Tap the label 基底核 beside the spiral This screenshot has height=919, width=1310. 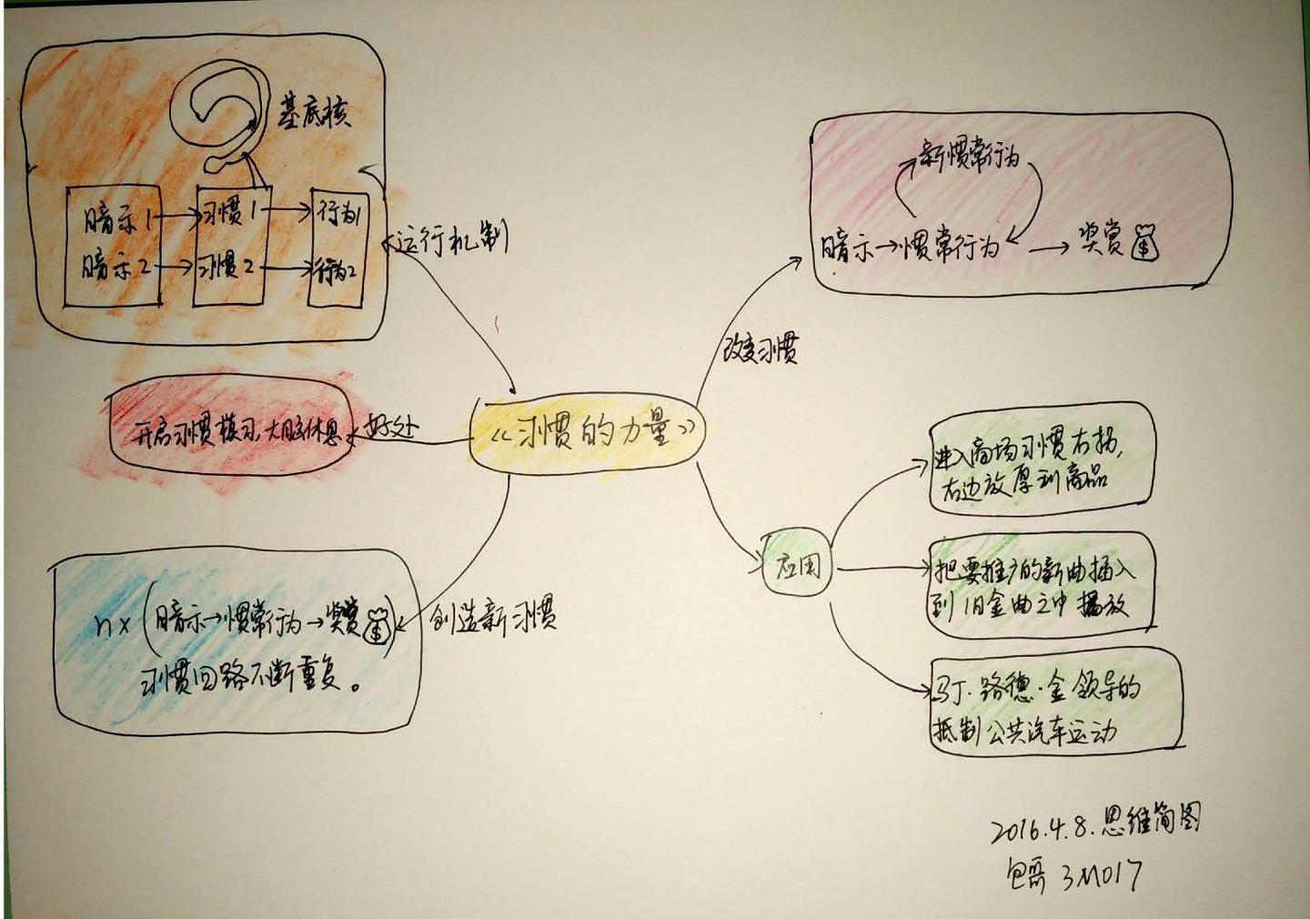point(314,113)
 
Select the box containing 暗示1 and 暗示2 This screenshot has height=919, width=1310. point(113,244)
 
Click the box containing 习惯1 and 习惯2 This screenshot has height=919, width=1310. point(229,244)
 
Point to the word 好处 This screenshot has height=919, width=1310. point(391,428)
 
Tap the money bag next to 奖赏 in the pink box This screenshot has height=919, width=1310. point(1145,244)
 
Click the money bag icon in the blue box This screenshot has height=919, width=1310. point(377,625)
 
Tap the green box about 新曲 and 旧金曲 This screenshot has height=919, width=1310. point(1041,583)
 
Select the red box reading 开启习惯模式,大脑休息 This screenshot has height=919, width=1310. point(229,433)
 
